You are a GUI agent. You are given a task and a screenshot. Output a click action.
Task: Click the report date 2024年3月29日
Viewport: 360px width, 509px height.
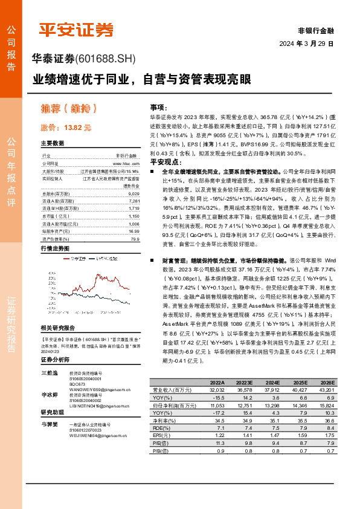tap(306, 44)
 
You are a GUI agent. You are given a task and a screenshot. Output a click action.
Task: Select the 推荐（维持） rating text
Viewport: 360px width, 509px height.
tap(69, 109)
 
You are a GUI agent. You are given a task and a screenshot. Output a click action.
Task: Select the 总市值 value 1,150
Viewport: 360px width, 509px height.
tap(134, 216)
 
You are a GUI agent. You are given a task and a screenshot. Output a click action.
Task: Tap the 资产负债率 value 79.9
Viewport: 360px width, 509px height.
tap(135, 238)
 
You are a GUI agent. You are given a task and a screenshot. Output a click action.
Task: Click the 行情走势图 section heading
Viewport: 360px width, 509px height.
tap(55, 248)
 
